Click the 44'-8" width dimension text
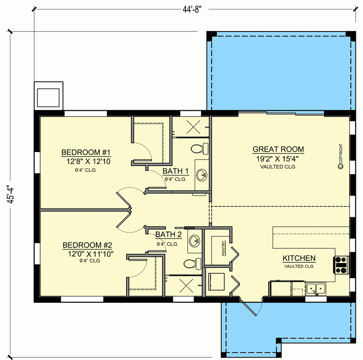pyautogui.click(x=191, y=9)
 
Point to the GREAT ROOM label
pyautogui.click(x=278, y=149)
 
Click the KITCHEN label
pyautogui.click(x=299, y=258)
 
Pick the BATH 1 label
pyautogui.click(x=175, y=171)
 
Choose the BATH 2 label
pyautogui.click(x=168, y=234)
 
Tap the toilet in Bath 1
pyautogui.click(x=198, y=148)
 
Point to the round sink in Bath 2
pyautogui.click(x=195, y=240)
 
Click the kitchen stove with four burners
pyautogui.click(x=340, y=265)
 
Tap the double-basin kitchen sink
pyautogui.click(x=316, y=288)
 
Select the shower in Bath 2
pyautogui.click(x=186, y=284)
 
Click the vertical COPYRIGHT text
pyautogui.click(x=341, y=157)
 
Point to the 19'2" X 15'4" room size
pyautogui.click(x=278, y=158)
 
